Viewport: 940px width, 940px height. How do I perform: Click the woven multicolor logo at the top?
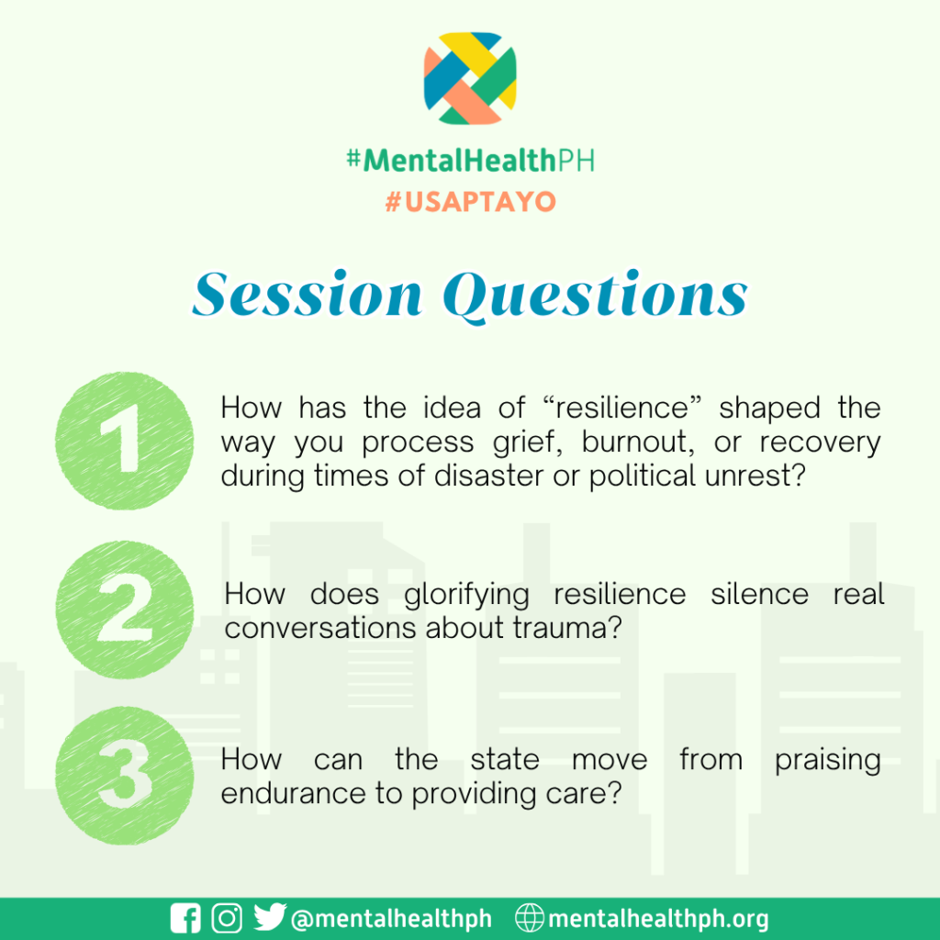pos(470,79)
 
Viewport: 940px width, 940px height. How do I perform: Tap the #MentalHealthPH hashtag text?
pos(471,161)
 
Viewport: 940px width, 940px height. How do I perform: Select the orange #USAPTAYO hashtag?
pos(471,202)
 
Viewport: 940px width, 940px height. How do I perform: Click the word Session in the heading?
pos(308,294)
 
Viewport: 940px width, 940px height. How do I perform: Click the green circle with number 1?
pos(124,441)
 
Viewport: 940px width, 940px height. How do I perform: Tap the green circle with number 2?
pos(124,610)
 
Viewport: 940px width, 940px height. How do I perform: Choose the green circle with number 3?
pos(124,776)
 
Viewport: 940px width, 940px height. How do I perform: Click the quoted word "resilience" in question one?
pos(621,408)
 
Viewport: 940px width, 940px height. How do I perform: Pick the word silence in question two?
pos(759,594)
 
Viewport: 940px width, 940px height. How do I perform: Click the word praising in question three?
pos(828,761)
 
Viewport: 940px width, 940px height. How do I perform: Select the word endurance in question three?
pos(294,793)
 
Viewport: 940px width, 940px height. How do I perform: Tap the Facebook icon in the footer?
pos(185,918)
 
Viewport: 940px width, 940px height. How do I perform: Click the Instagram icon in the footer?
pos(228,918)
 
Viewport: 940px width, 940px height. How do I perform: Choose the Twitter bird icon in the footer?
pos(270,917)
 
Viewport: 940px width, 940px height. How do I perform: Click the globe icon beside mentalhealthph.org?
pos(530,918)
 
